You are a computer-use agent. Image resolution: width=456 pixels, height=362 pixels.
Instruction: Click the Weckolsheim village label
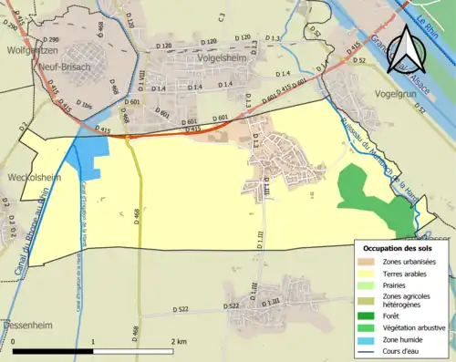(x=32, y=179)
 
